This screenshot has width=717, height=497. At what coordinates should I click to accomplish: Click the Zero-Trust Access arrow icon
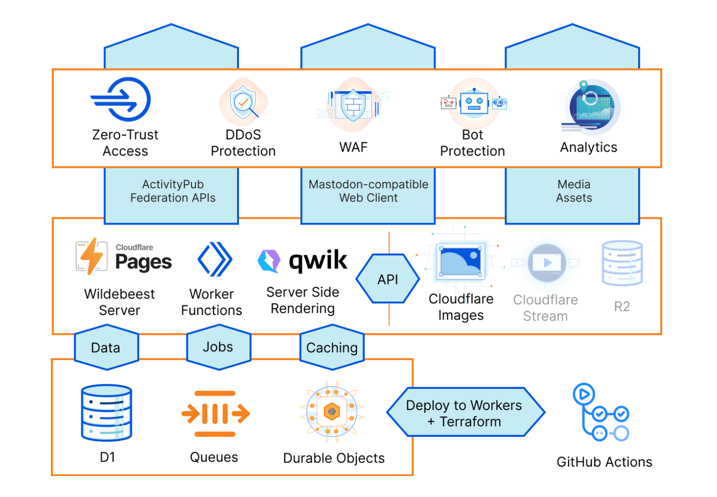pyautogui.click(x=121, y=99)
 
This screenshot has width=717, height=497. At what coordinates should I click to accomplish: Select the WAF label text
pyautogui.click(x=353, y=147)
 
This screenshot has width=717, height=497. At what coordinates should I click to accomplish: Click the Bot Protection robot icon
pyautogui.click(x=474, y=103)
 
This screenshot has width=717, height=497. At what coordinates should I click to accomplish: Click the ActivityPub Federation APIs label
pyautogui.click(x=172, y=191)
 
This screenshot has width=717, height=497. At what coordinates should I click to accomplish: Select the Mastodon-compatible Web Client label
pyautogui.click(x=368, y=191)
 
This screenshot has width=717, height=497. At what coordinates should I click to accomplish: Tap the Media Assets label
pyautogui.click(x=574, y=191)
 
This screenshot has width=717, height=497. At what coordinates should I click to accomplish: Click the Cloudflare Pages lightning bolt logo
pyautogui.click(x=92, y=256)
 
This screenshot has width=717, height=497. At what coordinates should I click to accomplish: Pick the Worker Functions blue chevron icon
pyautogui.click(x=215, y=259)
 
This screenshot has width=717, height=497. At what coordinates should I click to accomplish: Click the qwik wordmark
pyautogui.click(x=318, y=260)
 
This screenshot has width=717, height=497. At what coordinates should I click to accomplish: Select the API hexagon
pyautogui.click(x=387, y=279)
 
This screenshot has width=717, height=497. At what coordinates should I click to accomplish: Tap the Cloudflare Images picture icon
pyautogui.click(x=461, y=261)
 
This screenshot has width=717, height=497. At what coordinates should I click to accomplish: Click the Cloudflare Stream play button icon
pyautogui.click(x=547, y=263)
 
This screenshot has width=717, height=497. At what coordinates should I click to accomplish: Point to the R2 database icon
pyautogui.click(x=622, y=263)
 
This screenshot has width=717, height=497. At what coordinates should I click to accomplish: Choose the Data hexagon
pyautogui.click(x=106, y=347)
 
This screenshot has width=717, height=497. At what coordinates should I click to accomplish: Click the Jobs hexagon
pyautogui.click(x=218, y=347)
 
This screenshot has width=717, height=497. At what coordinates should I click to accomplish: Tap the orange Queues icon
pyautogui.click(x=215, y=413)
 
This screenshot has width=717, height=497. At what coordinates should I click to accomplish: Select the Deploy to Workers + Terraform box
pyautogui.click(x=465, y=413)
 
